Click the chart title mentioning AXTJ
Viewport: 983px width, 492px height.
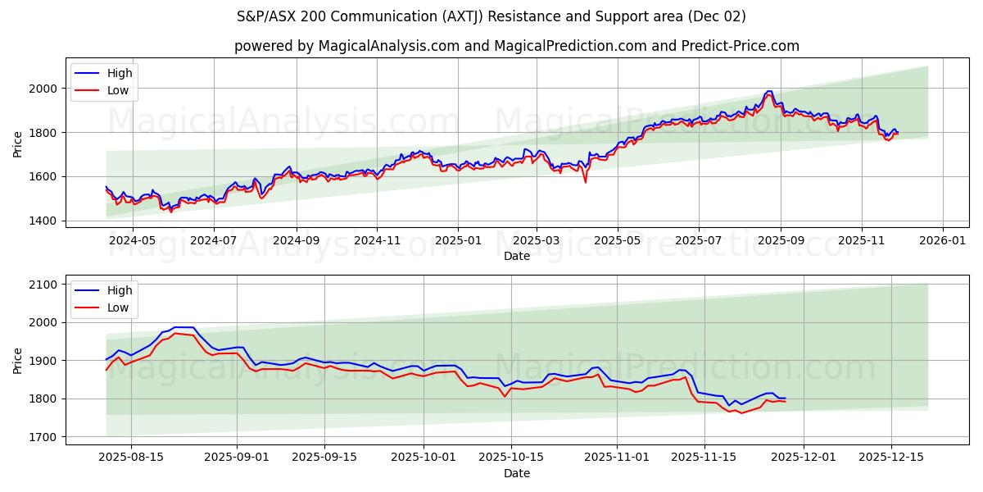(x=491, y=16)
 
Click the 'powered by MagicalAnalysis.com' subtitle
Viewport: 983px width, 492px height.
(x=516, y=46)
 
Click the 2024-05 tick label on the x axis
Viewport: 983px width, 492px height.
(x=132, y=240)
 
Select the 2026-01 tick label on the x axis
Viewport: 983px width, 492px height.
(x=942, y=240)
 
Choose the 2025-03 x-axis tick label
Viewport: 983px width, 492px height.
(x=537, y=240)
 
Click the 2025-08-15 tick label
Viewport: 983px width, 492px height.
(x=131, y=458)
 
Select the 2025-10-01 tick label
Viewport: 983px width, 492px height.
(x=424, y=458)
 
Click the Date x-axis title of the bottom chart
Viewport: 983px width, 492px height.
(x=516, y=473)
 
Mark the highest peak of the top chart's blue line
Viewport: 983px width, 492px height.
(x=768, y=91)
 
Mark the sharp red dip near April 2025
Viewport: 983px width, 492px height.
(x=585, y=181)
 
